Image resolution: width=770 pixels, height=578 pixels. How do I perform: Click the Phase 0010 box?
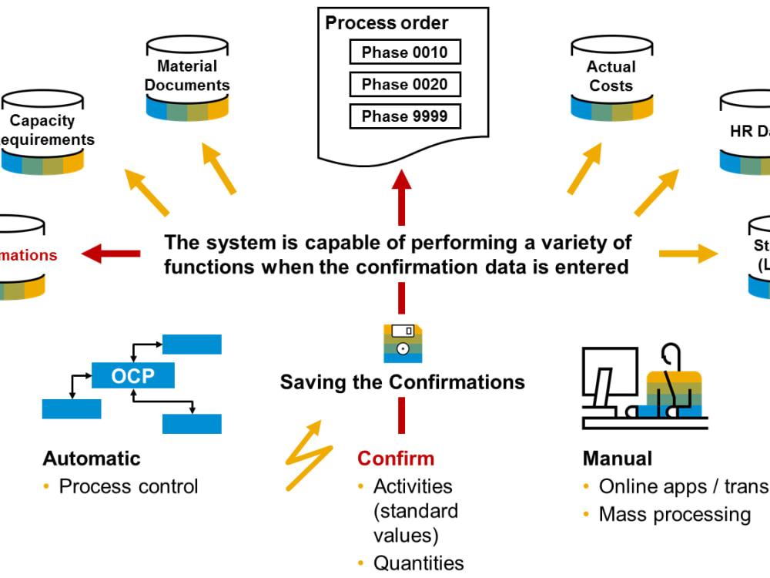click(404, 52)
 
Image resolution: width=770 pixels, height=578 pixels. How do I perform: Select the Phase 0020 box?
click(404, 84)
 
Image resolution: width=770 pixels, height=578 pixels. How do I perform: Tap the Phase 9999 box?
click(404, 116)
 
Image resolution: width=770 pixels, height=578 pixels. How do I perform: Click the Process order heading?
click(387, 23)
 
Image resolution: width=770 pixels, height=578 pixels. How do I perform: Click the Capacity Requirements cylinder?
click(42, 132)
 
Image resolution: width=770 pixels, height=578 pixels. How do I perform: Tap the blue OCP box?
click(132, 376)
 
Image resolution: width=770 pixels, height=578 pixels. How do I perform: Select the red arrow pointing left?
click(111, 253)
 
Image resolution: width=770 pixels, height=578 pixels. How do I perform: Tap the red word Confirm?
click(396, 459)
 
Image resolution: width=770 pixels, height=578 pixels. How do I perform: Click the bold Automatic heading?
click(92, 459)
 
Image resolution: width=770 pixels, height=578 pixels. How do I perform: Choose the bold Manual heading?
click(618, 459)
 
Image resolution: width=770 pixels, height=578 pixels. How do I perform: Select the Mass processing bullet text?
click(675, 514)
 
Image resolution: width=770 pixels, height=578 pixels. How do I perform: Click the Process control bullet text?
click(129, 486)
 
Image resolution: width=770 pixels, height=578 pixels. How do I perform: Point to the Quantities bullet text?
click(419, 563)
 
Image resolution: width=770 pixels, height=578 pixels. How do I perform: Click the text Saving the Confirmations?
click(403, 382)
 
